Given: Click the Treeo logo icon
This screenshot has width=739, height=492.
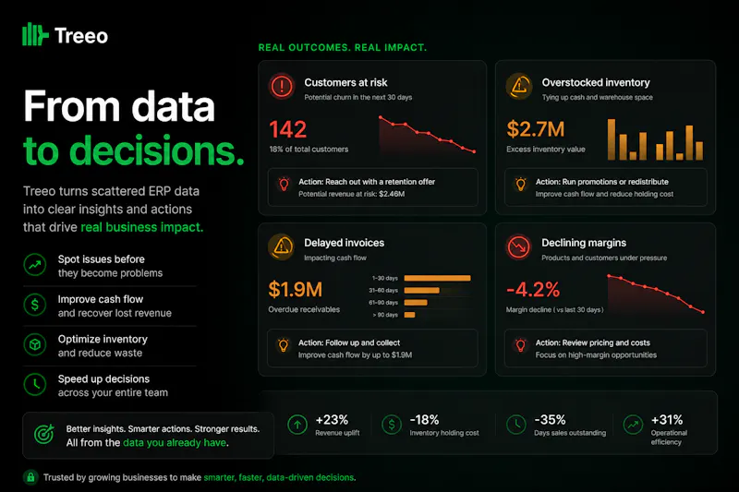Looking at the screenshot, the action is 35,34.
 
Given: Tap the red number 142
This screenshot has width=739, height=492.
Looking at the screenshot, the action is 288,129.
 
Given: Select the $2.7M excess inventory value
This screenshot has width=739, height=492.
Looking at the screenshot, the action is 536,129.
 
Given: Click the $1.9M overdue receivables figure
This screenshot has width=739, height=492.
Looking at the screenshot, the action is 295,290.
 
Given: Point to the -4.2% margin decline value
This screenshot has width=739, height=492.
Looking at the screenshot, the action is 533,290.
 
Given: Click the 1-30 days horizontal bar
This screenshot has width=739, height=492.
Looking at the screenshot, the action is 437,278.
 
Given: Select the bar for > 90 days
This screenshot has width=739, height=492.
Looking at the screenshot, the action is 409,315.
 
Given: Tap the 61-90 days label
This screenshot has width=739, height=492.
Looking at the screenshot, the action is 383,302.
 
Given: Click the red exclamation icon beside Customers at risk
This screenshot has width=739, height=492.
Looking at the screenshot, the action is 282,86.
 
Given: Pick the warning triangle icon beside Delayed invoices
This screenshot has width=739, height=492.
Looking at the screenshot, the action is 282,246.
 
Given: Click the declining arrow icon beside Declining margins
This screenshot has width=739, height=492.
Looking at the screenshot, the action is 519,246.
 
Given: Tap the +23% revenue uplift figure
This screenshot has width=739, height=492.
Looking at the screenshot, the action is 332,419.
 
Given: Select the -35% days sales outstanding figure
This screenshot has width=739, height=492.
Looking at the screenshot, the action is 550,419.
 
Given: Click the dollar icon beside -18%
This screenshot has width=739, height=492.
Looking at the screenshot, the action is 392,425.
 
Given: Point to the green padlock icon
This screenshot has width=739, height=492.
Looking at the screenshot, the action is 30,477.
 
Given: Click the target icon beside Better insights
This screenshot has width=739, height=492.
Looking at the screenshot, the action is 44,434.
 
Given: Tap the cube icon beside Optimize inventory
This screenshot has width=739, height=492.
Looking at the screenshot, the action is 35,344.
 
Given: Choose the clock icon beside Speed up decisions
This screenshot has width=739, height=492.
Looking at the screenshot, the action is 35,385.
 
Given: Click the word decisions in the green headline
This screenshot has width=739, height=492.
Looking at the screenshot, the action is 157,150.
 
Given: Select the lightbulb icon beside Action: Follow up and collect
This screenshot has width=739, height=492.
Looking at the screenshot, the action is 284,345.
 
